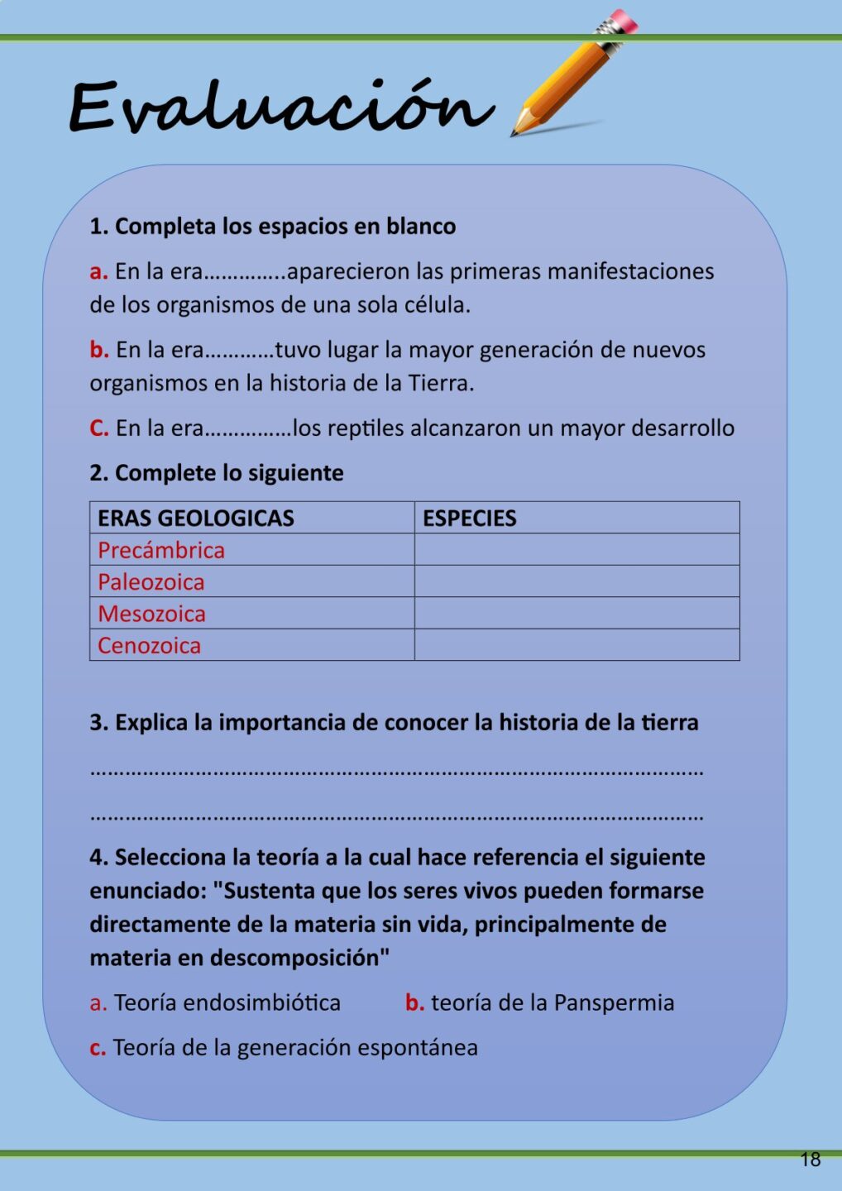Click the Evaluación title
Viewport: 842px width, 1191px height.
click(x=281, y=108)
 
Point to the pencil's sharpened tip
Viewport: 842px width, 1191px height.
click(x=515, y=131)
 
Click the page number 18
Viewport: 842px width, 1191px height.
click(x=811, y=1160)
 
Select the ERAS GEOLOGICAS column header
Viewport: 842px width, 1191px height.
click(x=196, y=519)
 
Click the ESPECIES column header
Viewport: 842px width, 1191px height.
click(x=470, y=519)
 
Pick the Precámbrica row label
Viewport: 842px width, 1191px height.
click(x=161, y=550)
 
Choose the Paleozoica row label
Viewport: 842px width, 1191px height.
click(x=151, y=582)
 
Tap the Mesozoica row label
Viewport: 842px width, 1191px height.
click(x=152, y=614)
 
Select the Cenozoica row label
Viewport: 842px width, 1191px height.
click(x=150, y=646)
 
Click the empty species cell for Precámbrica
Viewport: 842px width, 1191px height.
click(x=576, y=550)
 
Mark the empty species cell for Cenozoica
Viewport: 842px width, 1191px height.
click(x=576, y=645)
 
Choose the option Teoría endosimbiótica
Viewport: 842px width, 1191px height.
click(x=227, y=1003)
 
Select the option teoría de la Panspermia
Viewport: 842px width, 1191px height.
click(x=552, y=1003)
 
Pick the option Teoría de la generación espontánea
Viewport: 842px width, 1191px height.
click(x=294, y=1048)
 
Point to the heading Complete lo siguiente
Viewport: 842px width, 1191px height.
click(x=228, y=473)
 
